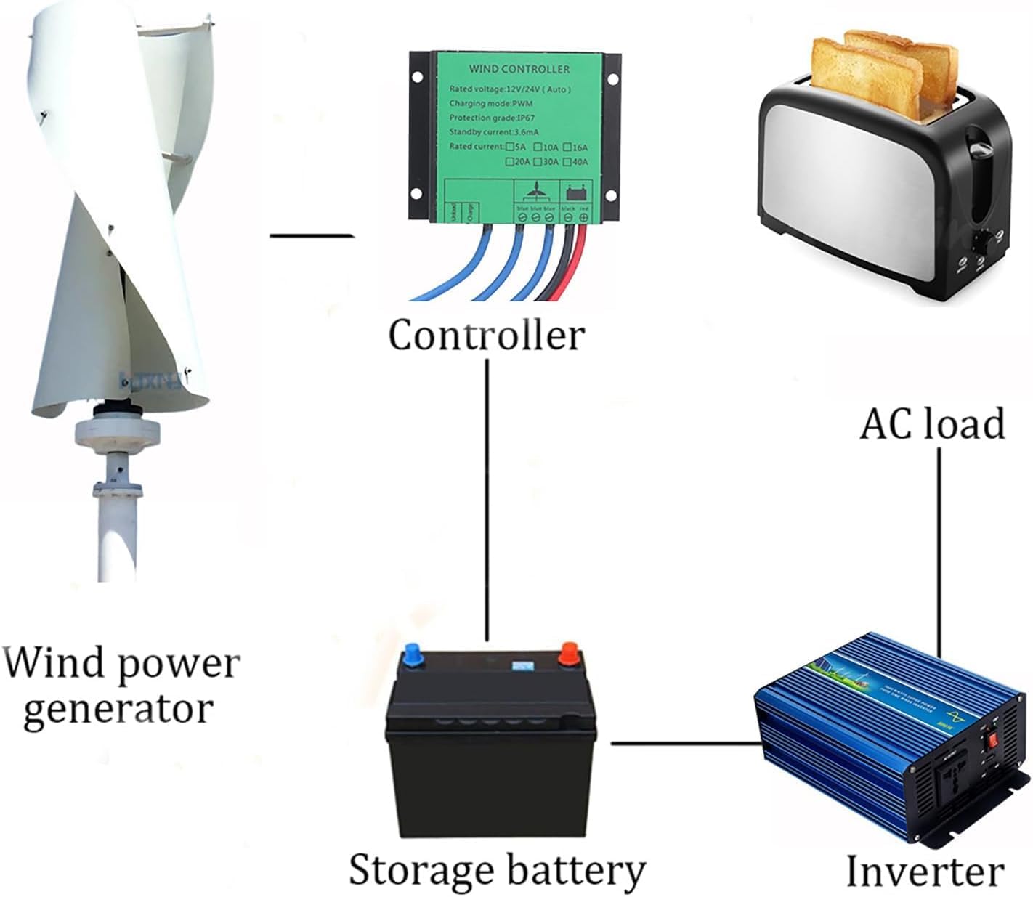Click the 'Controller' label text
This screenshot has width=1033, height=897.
[486, 336]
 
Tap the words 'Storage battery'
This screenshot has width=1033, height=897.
[497, 869]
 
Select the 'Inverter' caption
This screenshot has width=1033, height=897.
[925, 871]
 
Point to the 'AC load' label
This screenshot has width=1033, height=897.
[933, 423]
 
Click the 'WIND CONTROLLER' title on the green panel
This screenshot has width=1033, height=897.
[519, 69]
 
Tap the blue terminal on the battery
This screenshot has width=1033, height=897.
[413, 653]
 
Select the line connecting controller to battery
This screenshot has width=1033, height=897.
[486, 501]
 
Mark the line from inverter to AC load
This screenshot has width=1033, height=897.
[939, 552]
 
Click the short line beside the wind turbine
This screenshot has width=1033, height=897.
[311, 235]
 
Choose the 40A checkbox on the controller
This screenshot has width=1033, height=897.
[568, 161]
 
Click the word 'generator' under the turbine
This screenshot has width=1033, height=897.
[118, 709]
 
